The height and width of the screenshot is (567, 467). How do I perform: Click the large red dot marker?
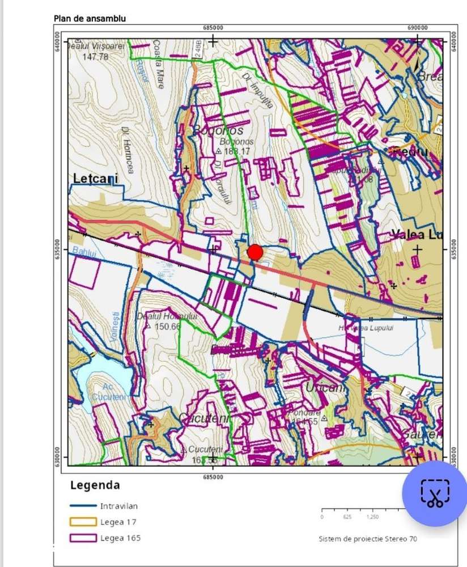[x=255, y=252]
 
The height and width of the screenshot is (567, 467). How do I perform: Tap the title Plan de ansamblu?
[x=90, y=19]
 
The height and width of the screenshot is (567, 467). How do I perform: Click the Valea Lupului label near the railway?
[x=364, y=328]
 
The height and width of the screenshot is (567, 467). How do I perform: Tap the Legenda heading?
[x=95, y=485]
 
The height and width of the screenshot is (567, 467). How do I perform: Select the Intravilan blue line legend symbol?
[x=83, y=506]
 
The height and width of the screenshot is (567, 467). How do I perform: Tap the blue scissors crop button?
[x=434, y=494]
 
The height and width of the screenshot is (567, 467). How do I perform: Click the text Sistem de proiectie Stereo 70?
[x=367, y=539]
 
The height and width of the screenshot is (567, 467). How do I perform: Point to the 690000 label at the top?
[x=418, y=28]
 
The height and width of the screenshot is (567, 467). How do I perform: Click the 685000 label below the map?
[x=213, y=477]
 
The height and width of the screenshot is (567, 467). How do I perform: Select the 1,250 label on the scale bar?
[x=372, y=517]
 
